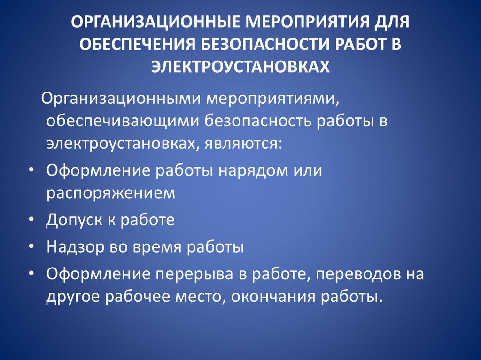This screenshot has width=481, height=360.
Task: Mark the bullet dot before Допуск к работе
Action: point(31,220)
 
